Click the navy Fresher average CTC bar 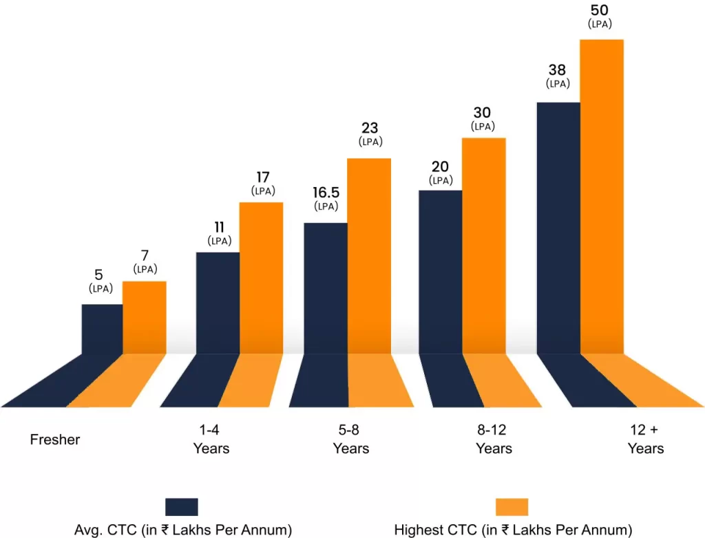pyautogui.click(x=102, y=329)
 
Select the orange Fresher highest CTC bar pyautogui.click(x=144, y=317)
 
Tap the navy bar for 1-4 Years pyautogui.click(x=218, y=303)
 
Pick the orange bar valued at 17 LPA pyautogui.click(x=261, y=278)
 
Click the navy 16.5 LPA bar pyautogui.click(x=325, y=288)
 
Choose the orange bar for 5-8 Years pyautogui.click(x=368, y=256)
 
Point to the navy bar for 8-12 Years pyautogui.click(x=440, y=272)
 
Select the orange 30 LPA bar pyautogui.click(x=483, y=246)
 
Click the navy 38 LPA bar pyautogui.click(x=558, y=228)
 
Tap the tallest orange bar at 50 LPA pyautogui.click(x=601, y=196)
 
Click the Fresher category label pyautogui.click(x=55, y=439)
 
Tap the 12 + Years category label pyautogui.click(x=645, y=439)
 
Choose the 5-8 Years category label pyautogui.click(x=350, y=439)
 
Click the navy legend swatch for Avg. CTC pyautogui.click(x=182, y=507)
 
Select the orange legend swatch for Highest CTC pyautogui.click(x=512, y=507)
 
